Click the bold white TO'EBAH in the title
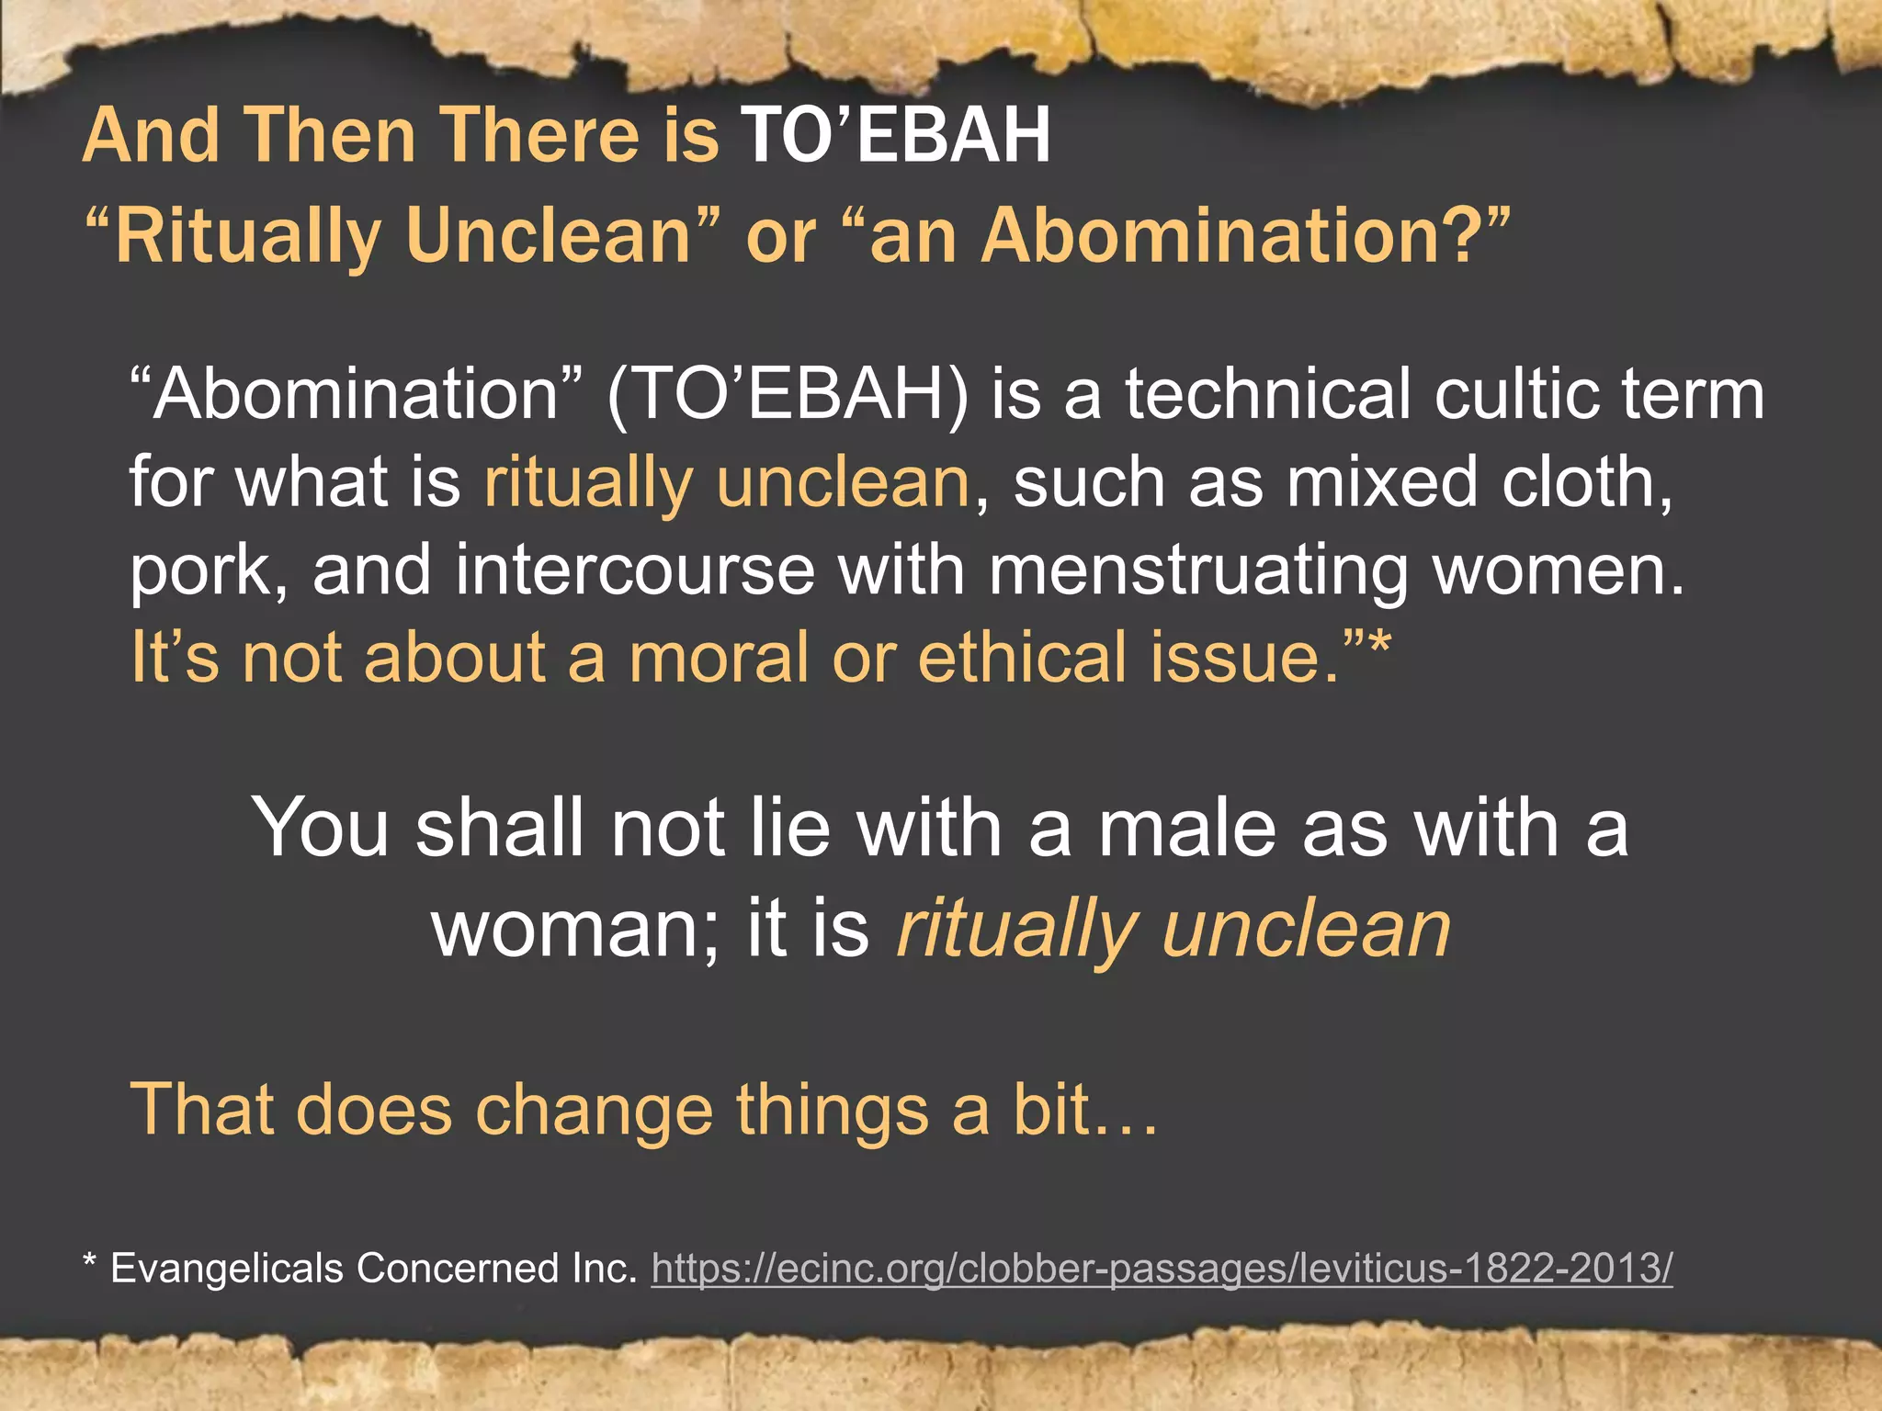pyautogui.click(x=895, y=135)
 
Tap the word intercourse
pyautogui.click(x=634, y=571)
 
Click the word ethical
pyautogui.click(x=1021, y=658)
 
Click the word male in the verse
pyautogui.click(x=1186, y=829)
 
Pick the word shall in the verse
pyautogui.click(x=500, y=829)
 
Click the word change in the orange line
pyautogui.click(x=594, y=1110)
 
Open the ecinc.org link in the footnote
pyautogui.click(x=1162, y=1269)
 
